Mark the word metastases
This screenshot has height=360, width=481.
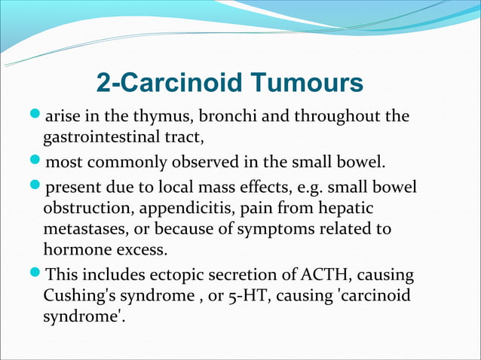click(x=84, y=228)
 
